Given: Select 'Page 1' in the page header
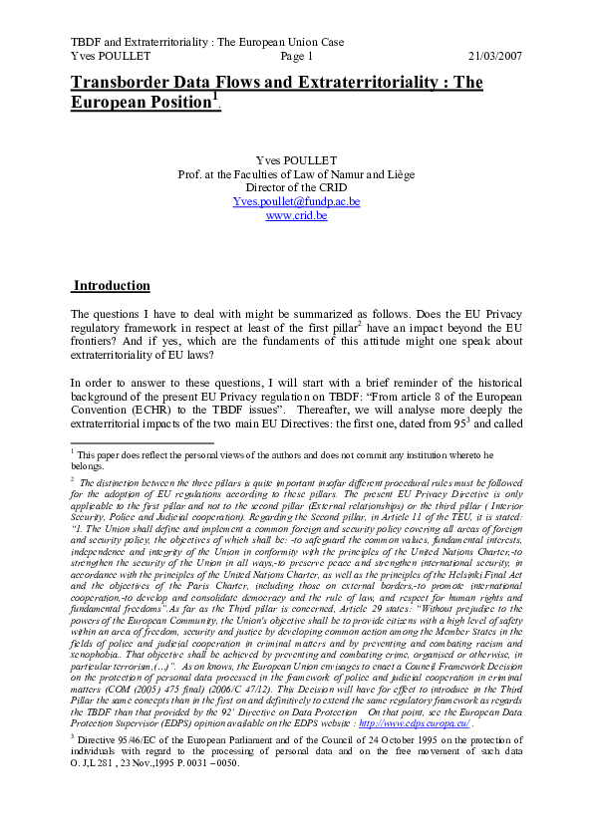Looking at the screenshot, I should coord(297,57).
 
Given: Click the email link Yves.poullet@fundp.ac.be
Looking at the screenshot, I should coord(296,201).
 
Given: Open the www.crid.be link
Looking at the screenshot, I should coord(296,215).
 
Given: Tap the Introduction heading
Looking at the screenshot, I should coord(112,286).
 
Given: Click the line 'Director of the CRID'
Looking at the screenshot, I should coord(296,187).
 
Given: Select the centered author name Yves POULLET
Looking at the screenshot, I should coord(296,159).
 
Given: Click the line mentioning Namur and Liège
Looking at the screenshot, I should coord(296,173).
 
